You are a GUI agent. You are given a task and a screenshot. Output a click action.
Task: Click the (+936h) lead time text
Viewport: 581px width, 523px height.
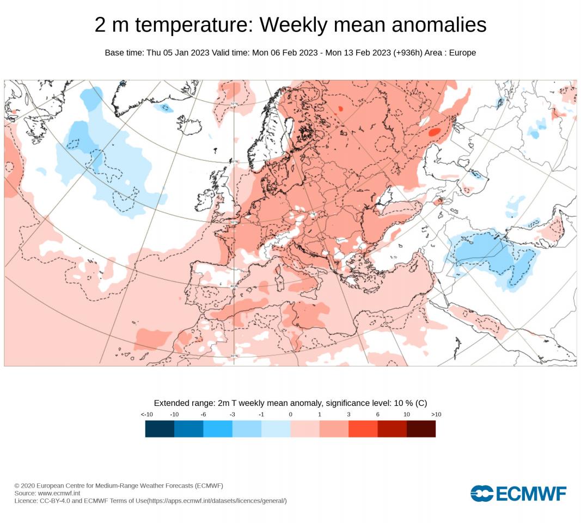coord(413,53)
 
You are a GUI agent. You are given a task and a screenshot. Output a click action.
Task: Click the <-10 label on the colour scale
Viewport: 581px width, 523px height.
coord(146,415)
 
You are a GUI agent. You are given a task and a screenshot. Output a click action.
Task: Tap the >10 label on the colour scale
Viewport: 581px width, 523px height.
coord(436,415)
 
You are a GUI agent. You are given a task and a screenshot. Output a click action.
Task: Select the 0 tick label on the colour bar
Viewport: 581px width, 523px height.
coord(290,415)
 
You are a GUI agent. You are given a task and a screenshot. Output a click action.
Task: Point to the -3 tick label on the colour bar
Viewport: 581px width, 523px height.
coord(232,415)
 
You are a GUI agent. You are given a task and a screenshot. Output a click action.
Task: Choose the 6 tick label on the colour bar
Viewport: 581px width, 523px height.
coord(377,415)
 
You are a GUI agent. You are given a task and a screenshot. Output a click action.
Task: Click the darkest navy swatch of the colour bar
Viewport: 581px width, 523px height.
coord(160,429)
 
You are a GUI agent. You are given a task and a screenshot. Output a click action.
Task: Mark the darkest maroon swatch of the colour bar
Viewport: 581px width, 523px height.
coord(421,429)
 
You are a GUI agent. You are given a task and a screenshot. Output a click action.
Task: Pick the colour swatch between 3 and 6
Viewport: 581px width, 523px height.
coord(363,429)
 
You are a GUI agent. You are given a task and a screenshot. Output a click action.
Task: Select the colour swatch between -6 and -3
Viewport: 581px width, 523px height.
coord(218,429)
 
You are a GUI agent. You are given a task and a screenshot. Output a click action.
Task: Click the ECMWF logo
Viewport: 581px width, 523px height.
coord(518,493)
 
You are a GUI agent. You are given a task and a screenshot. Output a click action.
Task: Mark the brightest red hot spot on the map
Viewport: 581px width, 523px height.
coord(435,132)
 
